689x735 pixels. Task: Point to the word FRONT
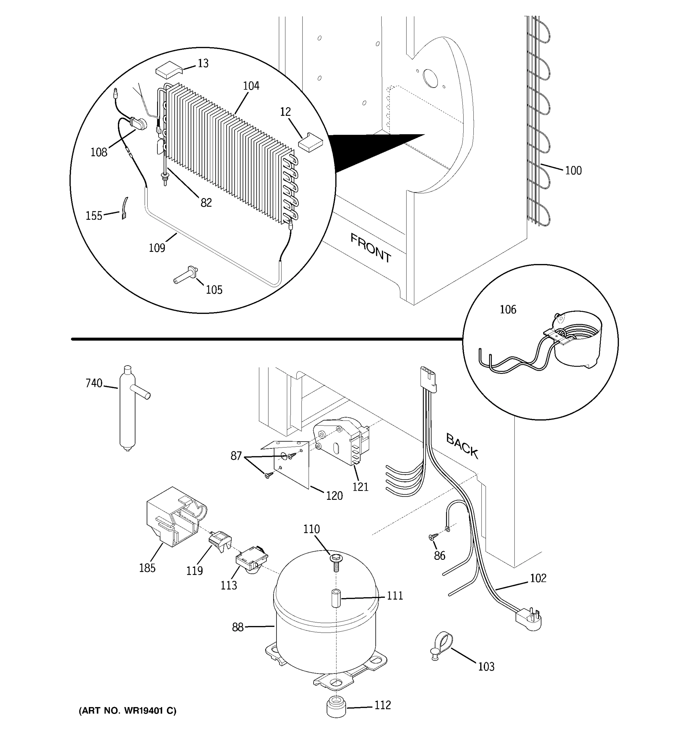(x=370, y=248)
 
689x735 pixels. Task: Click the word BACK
(x=462, y=446)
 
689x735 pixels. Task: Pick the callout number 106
(x=508, y=309)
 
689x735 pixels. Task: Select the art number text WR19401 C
(x=127, y=710)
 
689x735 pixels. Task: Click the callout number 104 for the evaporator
(x=251, y=86)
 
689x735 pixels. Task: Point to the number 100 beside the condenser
(x=573, y=171)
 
